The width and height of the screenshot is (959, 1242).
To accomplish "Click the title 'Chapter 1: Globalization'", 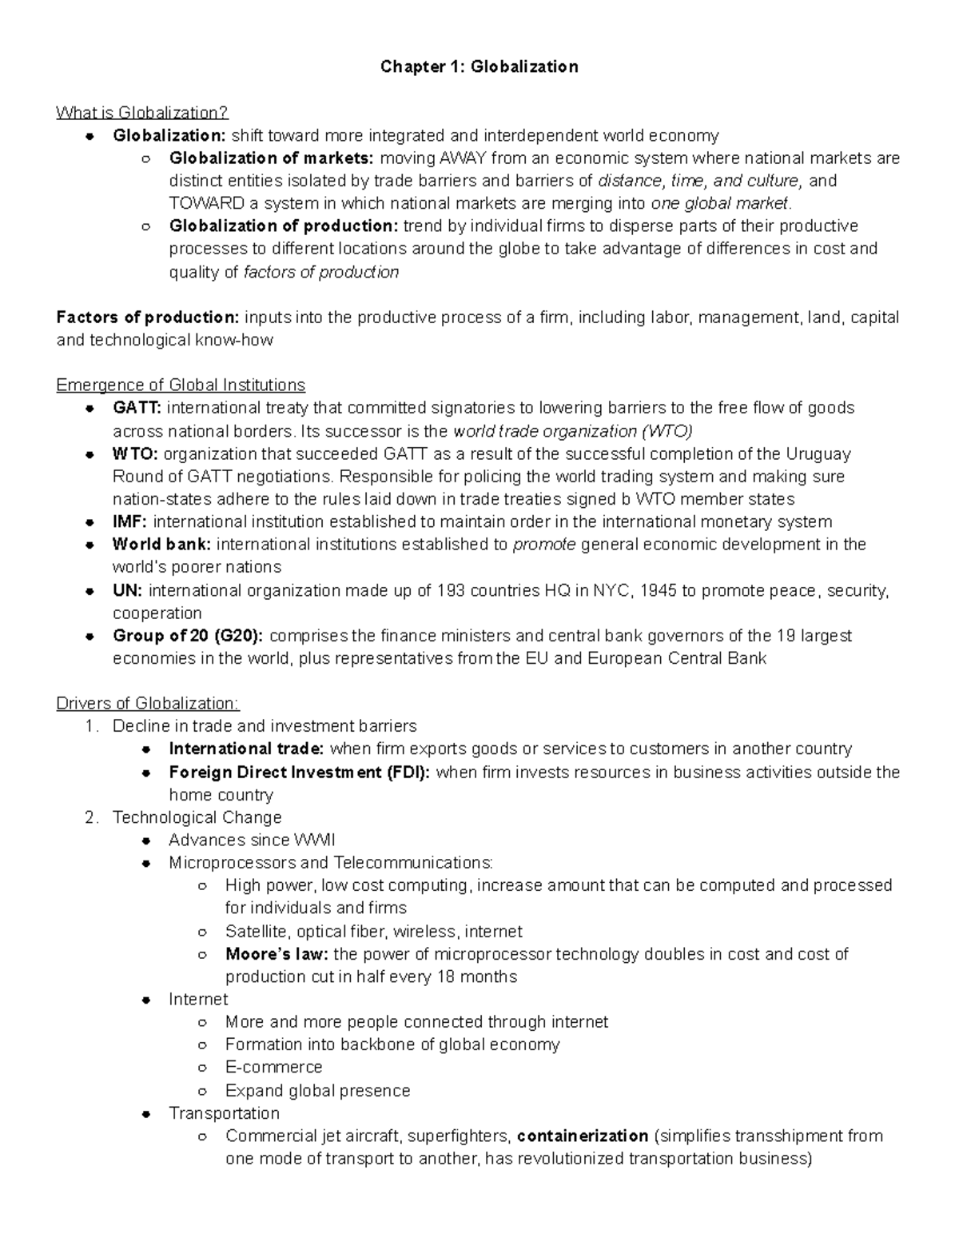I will coord(479,66).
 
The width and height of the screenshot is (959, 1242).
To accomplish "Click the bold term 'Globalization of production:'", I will coord(284,226).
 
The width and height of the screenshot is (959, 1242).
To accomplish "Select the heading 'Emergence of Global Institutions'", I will coord(181,385).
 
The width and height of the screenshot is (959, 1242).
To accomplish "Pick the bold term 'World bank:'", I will coord(162,545).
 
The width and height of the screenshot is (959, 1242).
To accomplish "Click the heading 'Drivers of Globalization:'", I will coord(148,704).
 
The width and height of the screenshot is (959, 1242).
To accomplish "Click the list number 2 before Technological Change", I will coord(91,817).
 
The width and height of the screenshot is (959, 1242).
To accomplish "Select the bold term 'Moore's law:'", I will coord(277,954).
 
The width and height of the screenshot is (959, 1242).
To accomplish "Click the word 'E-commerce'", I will coord(273,1068).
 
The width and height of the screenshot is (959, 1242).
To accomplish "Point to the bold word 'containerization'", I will coord(583,1136).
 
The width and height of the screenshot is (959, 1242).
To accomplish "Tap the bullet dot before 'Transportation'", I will coord(145,1113).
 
